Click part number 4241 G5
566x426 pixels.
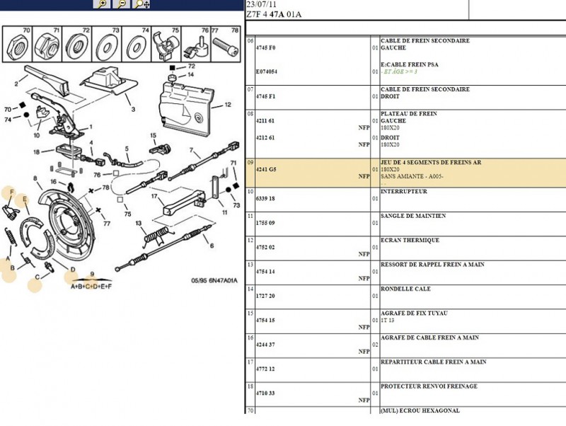click(266, 169)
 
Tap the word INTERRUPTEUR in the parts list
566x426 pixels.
click(403, 191)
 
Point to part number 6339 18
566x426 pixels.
click(265, 199)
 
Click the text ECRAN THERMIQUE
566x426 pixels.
click(410, 240)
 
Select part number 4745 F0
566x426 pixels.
click(266, 47)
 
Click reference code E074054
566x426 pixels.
click(267, 71)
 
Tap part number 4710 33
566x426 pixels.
click(265, 393)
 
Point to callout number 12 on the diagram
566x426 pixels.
click(227, 105)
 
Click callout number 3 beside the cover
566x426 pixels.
click(133, 109)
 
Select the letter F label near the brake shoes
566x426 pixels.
click(12, 192)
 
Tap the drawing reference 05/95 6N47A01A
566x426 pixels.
click(214, 280)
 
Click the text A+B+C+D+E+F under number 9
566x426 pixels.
click(91, 287)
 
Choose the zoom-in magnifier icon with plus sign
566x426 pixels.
click(102, 4)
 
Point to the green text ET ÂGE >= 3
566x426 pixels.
click(400, 71)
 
